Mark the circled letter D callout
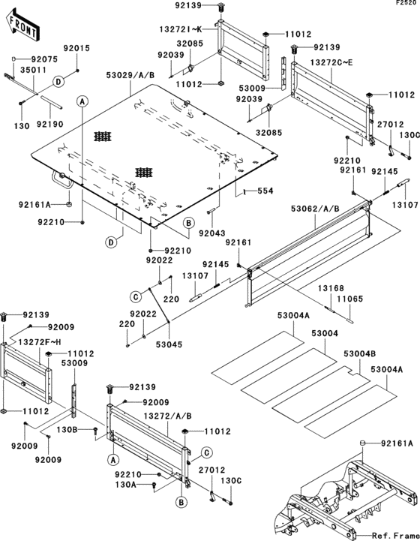(x=111, y=242)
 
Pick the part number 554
(x=265, y=191)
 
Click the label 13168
(x=329, y=287)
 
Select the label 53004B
(x=360, y=353)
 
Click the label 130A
(x=125, y=485)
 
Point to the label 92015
(x=78, y=48)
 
